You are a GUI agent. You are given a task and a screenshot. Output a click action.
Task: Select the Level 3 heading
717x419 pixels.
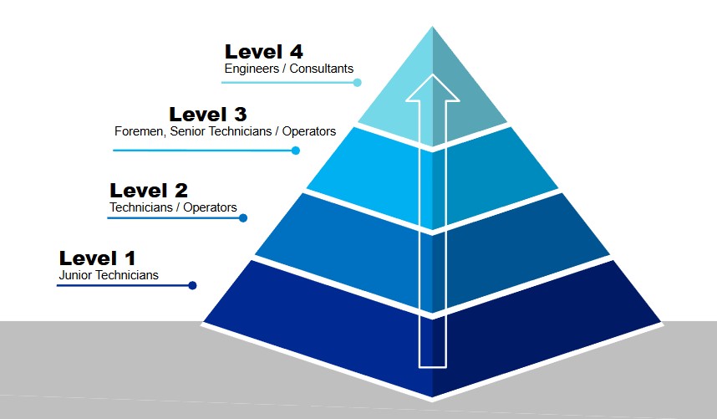207,115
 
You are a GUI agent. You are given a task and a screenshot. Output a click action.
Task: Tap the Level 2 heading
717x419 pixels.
149,191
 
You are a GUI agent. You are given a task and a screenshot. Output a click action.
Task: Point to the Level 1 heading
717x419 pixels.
97,258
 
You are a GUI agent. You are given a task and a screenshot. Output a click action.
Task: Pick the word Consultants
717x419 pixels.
322,69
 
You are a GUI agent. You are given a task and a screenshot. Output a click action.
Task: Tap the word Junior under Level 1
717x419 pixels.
75,275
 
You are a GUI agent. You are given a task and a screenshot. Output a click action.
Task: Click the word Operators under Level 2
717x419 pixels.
210,207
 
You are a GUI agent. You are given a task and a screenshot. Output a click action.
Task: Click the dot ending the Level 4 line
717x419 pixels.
357,82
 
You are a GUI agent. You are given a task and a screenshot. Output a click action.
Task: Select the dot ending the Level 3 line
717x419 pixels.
296,151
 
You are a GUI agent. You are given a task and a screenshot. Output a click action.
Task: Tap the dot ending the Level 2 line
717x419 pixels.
243,217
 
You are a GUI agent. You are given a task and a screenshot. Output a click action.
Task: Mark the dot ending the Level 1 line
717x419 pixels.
192,285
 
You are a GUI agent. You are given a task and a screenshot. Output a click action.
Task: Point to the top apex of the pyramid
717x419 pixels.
432,27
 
